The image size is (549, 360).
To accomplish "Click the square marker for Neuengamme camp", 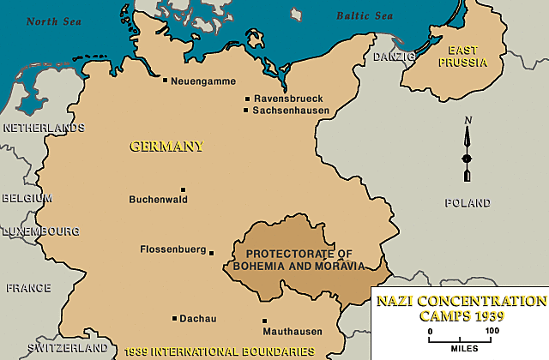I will tap(165, 81).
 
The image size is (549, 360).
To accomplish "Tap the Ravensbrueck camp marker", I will tap(247, 99).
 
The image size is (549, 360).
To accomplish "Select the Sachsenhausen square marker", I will tap(246, 111).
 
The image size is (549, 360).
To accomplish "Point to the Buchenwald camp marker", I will tap(183, 190).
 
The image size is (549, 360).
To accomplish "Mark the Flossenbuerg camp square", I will tap(212, 252).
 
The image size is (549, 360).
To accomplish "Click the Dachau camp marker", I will tap(174, 319).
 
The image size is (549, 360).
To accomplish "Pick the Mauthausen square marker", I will tap(264, 321).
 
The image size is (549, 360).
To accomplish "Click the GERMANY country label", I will tap(166, 146).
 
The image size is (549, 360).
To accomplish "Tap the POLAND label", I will tap(468, 203).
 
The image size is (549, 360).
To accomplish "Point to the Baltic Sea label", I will tap(364, 15).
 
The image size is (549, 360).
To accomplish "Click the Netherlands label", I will tap(44, 128).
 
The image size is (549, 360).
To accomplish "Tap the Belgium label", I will tap(26, 197).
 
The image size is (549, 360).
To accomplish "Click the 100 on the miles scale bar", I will tap(492, 330).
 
